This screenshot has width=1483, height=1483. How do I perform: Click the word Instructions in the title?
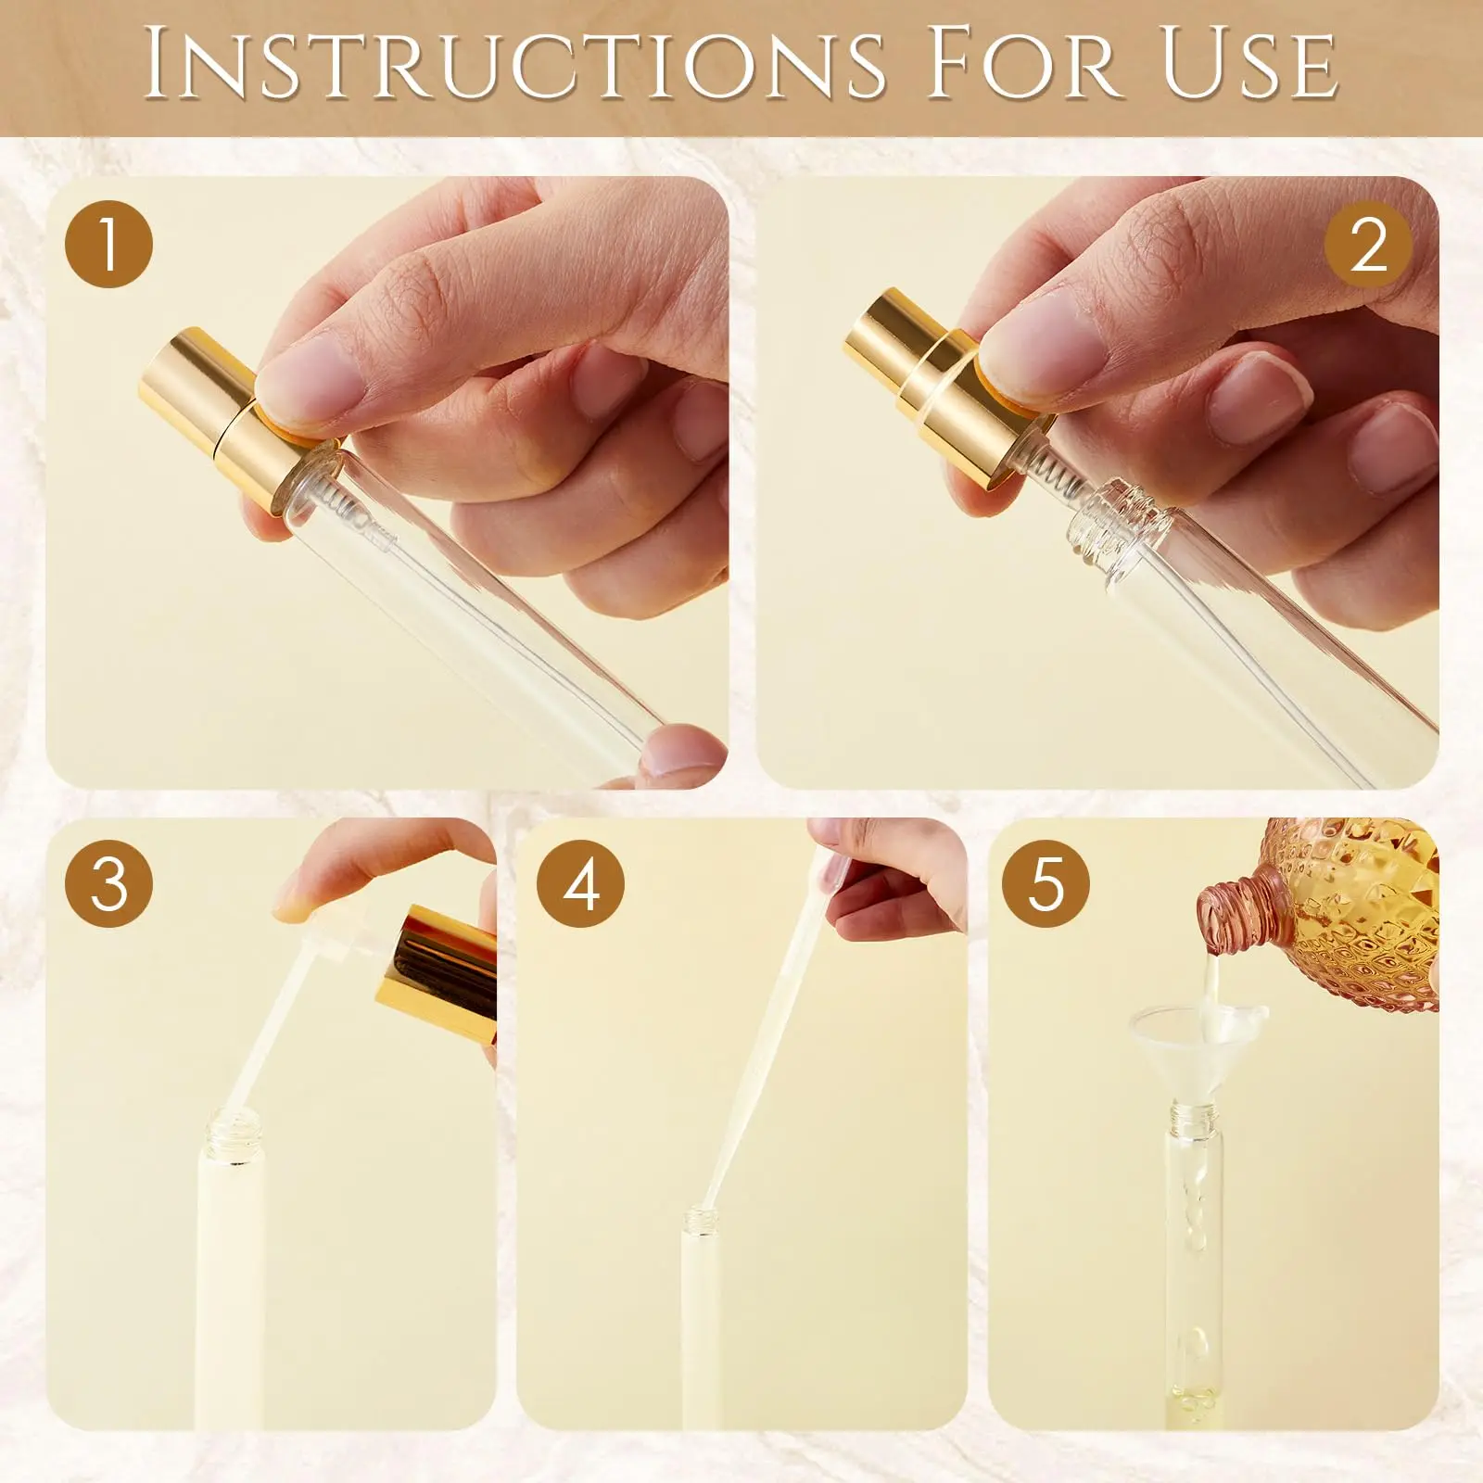(x=514, y=64)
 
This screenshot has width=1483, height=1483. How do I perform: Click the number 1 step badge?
(x=108, y=245)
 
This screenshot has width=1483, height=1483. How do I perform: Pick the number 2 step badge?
(x=1368, y=245)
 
